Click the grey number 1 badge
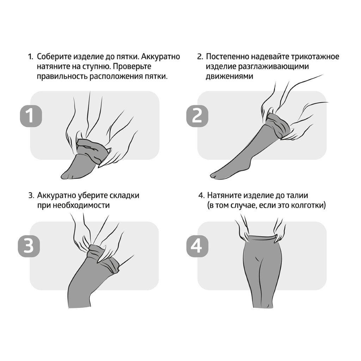[x=31, y=116]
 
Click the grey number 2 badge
[x=197, y=116]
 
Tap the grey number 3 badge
[x=29, y=246]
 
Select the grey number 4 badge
[x=197, y=246]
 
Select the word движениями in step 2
[x=229, y=76]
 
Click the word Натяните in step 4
[x=224, y=195]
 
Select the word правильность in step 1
[x=62, y=76]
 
